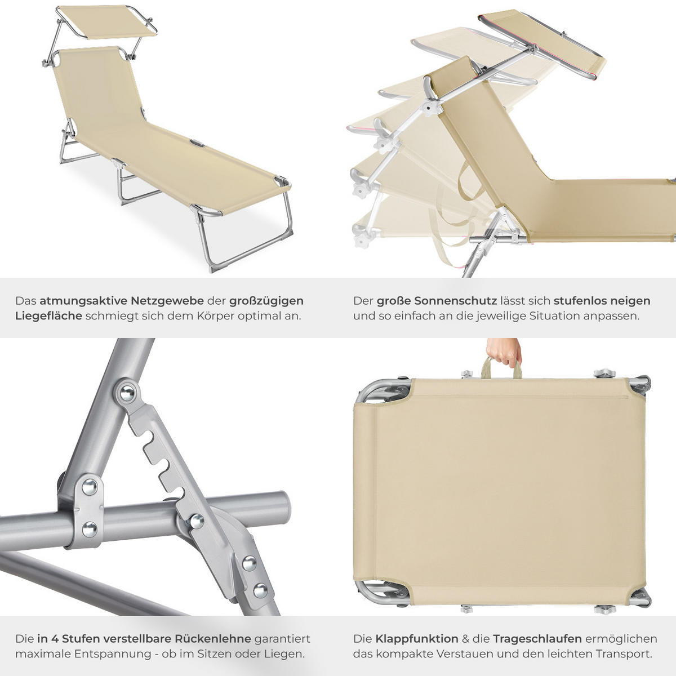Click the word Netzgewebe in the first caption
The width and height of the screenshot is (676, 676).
(167, 301)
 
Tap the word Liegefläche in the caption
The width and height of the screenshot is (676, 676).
(48, 316)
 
